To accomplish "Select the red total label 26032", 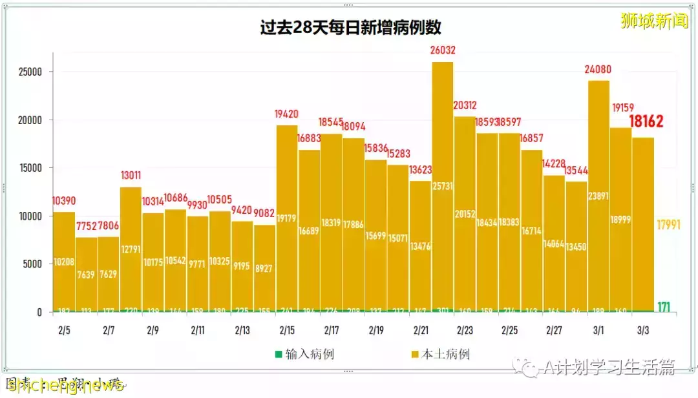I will tap(443, 50).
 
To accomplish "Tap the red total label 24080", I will tap(599, 69).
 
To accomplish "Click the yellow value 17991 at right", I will tap(668, 225).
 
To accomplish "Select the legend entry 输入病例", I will tap(304, 354).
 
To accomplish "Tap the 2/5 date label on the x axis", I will tap(63, 330).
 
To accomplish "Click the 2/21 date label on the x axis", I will tap(420, 330).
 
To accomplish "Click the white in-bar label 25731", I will tap(443, 204).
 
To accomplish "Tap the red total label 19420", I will tap(288, 114).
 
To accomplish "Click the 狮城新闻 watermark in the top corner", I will tap(653, 20).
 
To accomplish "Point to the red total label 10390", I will tap(64, 201).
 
